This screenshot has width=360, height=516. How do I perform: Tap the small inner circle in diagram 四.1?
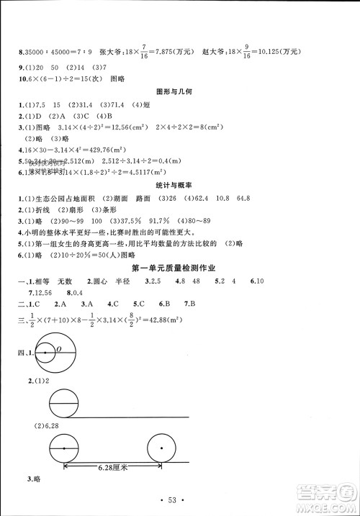46,353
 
